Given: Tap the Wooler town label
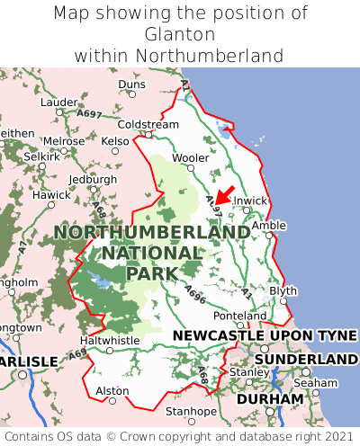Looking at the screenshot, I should coord(190,158).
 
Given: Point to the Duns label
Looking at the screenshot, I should coord(131,85).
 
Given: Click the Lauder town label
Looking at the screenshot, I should coord(59,103).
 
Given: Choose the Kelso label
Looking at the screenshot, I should coord(115,141).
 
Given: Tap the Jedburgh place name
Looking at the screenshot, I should coord(94,179).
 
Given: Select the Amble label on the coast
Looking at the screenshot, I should coord(268,226).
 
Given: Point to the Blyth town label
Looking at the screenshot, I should coord(283,291).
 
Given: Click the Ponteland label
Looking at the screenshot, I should coord(239,317).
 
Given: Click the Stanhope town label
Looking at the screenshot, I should coord(190,412).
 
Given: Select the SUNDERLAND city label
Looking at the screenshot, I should coord(306,360).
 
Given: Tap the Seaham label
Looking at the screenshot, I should coord(321,383).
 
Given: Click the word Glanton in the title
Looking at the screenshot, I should coord(179,34).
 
